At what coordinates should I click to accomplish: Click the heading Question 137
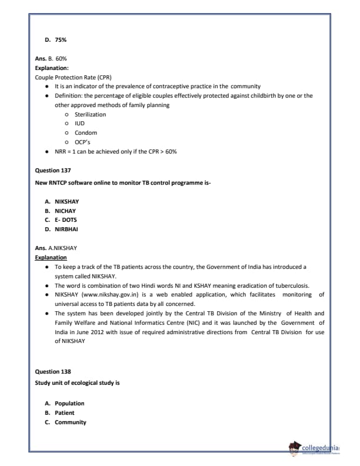coord(53,170)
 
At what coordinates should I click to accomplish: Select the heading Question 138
coord(53,371)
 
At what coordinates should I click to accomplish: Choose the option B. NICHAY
coord(61,211)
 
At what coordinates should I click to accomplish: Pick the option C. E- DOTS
coord(61,219)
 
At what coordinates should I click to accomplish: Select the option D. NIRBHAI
coord(61,229)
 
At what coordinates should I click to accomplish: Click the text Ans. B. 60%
coord(51,59)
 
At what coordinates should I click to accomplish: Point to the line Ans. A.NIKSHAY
coord(56,248)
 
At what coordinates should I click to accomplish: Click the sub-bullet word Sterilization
coord(90,114)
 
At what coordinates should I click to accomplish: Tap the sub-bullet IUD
coord(79,124)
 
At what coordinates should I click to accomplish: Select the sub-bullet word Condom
coord(85,133)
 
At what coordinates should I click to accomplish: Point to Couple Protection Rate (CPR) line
coord(73,77)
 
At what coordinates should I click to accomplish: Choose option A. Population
coord(65,403)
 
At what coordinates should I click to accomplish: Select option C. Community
coord(66,422)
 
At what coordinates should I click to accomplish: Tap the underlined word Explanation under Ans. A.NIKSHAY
coord(51,257)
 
